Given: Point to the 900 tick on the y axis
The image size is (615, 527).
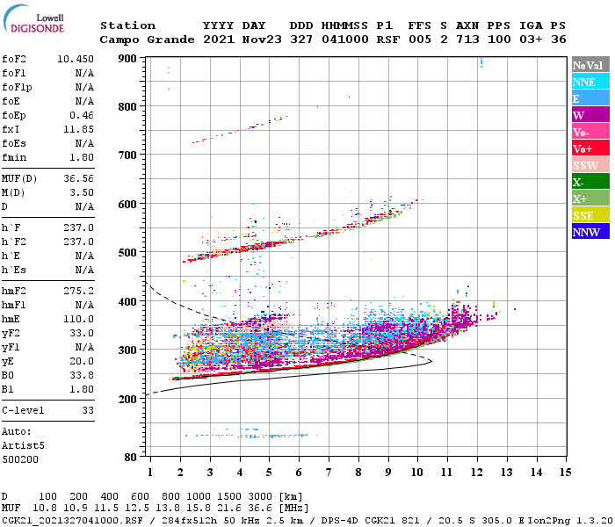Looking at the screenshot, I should pos(128,59).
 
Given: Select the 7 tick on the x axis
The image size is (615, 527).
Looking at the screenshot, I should pos(329,473).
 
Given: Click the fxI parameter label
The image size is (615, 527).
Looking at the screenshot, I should pos(12,129).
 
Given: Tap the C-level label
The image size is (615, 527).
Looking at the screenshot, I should pos(24,410).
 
